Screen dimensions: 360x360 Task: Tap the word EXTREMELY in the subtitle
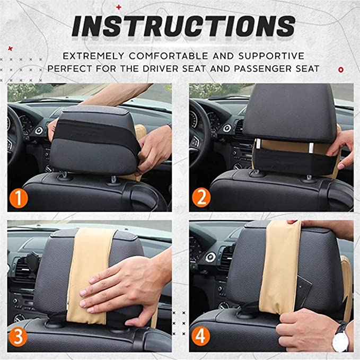point(94,55)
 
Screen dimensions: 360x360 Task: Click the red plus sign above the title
point(118,7)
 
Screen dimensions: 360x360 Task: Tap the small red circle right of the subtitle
point(340,69)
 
